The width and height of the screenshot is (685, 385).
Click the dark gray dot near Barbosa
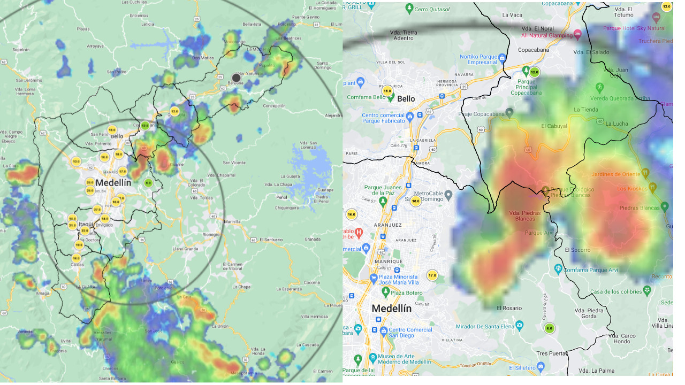point(236,78)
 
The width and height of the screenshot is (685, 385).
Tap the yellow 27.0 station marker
point(97,209)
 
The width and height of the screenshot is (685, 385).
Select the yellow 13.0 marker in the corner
point(666,7)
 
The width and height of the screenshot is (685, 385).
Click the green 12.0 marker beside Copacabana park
point(534,72)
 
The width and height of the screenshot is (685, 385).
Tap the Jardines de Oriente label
point(616,174)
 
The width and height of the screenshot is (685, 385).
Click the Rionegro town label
point(211,234)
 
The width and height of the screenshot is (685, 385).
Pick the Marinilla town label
point(232,221)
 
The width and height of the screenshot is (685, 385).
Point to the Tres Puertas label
point(550,353)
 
